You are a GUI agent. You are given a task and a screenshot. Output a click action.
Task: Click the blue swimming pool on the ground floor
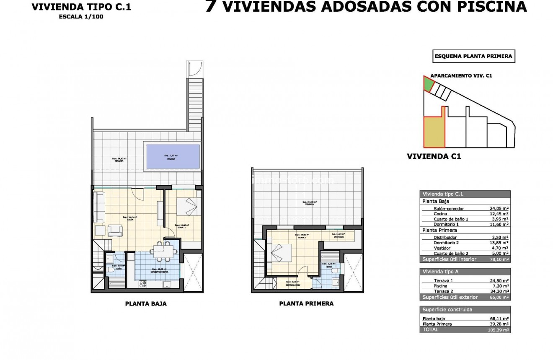[172, 156]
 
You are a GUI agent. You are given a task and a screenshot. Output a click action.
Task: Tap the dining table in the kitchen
[162, 251]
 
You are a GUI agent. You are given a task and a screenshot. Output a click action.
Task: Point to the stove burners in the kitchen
[143, 284]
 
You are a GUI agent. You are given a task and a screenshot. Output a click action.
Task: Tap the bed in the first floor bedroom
[278, 253]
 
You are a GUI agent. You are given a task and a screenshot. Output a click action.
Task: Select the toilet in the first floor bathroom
[334, 273]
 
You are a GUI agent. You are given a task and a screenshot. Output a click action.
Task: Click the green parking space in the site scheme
[428, 84]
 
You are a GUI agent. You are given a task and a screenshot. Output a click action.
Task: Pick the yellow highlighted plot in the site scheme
[434, 132]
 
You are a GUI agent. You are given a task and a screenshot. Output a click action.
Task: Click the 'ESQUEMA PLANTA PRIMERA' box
[473, 56]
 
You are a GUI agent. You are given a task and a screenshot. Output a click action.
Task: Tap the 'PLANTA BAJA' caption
[146, 304]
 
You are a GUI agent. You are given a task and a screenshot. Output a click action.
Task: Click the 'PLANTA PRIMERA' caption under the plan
[306, 303]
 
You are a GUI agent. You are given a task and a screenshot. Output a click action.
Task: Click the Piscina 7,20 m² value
[501, 286]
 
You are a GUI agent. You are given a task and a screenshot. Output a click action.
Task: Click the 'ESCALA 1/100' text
[81, 17]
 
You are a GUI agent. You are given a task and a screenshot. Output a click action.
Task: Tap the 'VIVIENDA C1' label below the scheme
[434, 156]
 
